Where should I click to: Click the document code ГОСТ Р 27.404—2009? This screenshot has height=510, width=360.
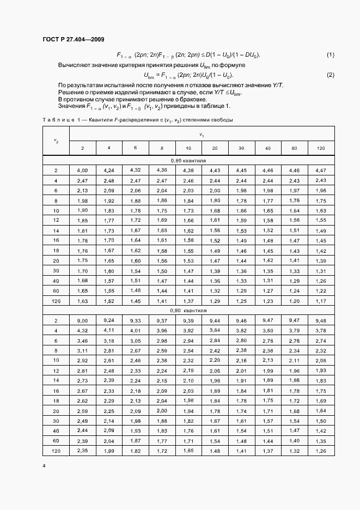click(73, 39)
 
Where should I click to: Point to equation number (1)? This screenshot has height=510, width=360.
click(330, 55)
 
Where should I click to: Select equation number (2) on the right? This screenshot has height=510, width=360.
click(330, 75)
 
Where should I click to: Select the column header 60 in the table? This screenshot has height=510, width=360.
click(294, 148)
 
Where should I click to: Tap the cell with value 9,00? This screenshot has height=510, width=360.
click(81, 320)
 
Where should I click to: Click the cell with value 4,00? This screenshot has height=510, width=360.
click(81, 171)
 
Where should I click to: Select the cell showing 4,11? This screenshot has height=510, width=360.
click(108, 330)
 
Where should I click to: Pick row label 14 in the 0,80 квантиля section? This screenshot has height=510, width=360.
click(56, 230)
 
